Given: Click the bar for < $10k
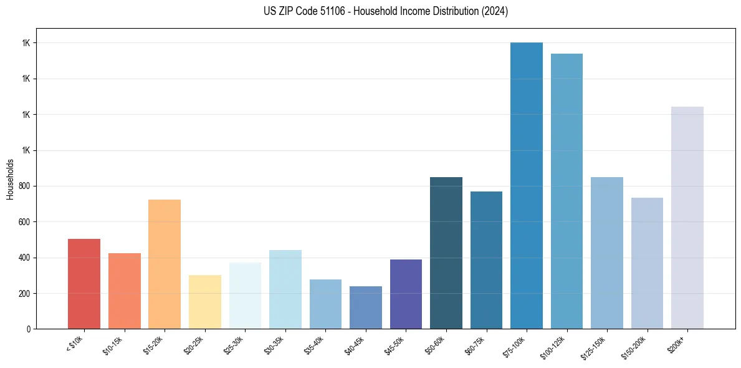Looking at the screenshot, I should point(84,284).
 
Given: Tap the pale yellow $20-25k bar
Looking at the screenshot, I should point(205,302).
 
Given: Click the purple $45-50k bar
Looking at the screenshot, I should point(406,294).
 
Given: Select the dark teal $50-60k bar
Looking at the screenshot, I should point(446,253).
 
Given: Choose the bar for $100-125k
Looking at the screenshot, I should point(567,191).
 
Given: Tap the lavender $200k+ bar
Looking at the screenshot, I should point(687,218).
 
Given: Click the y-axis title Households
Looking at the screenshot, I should point(10,179).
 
